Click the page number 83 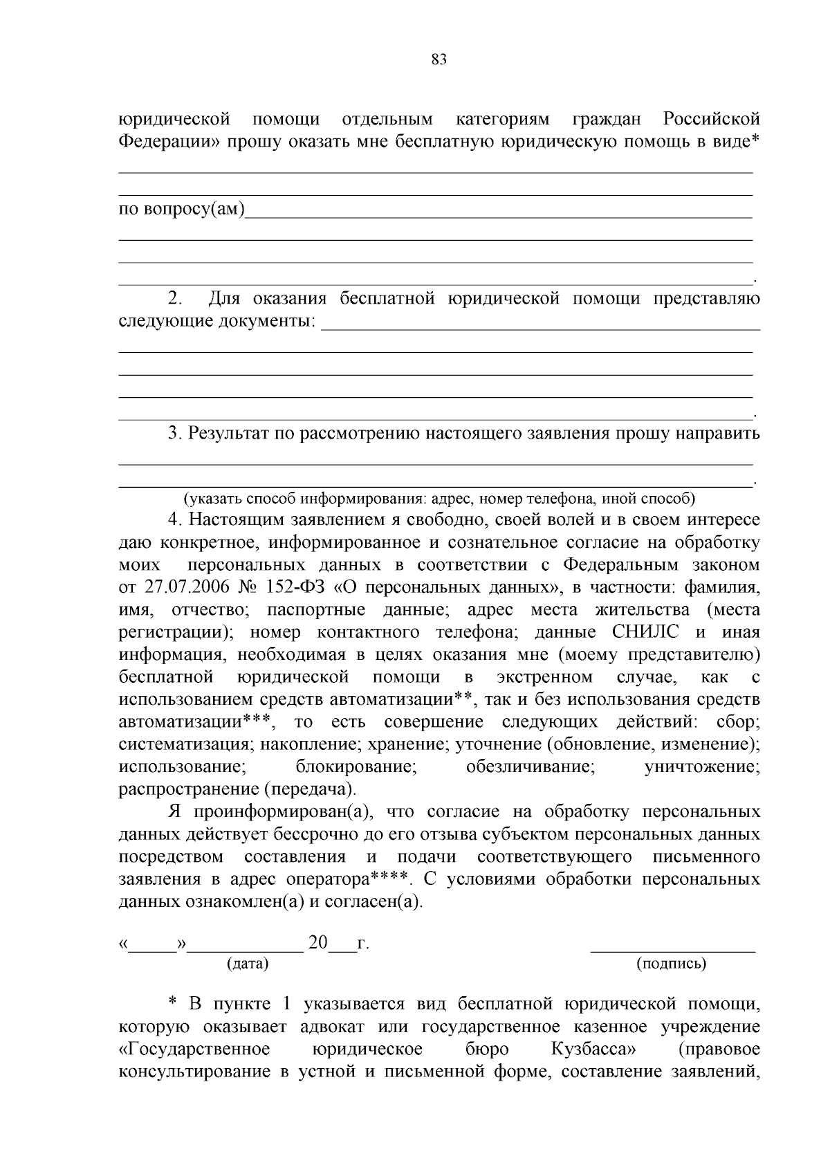439,59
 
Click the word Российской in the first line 712,119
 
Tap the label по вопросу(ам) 182,210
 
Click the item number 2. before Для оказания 175,299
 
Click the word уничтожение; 702,766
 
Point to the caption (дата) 248,963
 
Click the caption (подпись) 671,963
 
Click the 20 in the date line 317,942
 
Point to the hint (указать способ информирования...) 439,498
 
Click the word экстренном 544,677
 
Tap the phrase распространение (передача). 239,789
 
